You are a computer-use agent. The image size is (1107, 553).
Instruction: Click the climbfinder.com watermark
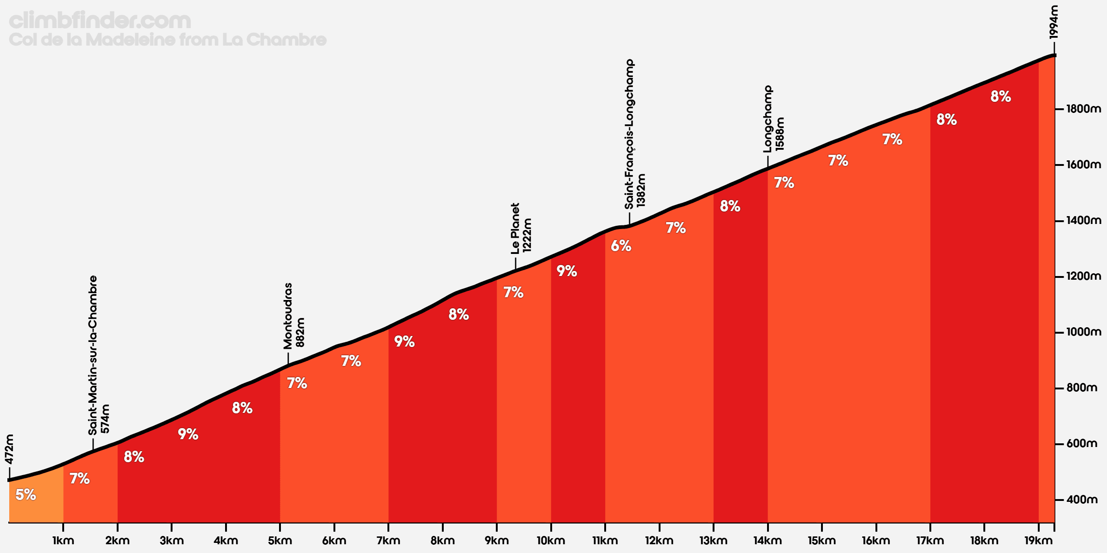tap(100, 21)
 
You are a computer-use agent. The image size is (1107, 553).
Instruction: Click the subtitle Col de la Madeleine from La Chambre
tap(168, 40)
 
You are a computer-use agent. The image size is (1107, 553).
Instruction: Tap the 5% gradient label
tap(26, 494)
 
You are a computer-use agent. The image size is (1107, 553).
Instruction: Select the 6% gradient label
tap(621, 246)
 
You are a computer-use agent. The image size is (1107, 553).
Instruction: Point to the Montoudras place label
tap(288, 316)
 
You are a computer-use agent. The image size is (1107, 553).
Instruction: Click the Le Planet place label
tap(515, 229)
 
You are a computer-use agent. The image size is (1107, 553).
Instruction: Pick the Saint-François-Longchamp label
tap(629, 134)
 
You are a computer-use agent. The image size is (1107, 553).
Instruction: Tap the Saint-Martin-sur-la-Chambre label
tap(93, 355)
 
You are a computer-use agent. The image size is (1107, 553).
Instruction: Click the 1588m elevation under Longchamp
tap(780, 134)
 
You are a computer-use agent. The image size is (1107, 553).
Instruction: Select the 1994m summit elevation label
tap(1053, 22)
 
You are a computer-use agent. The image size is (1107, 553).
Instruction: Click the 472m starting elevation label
tap(9, 449)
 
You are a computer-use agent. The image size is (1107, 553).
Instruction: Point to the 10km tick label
tap(551, 541)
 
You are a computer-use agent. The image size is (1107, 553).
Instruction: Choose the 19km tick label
tap(1038, 541)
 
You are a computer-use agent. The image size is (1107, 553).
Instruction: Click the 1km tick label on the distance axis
tap(63, 541)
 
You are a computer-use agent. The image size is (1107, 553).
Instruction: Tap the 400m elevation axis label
tap(1082, 500)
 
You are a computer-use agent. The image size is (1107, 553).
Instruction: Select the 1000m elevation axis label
tap(1084, 332)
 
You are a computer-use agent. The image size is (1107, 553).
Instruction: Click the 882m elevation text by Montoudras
tap(300, 332)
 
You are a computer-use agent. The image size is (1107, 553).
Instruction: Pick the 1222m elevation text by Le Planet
tap(527, 235)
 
